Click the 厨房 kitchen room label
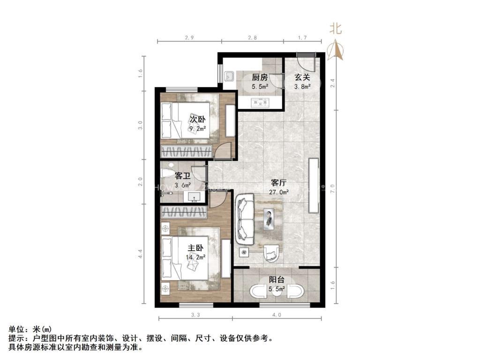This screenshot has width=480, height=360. click(x=260, y=77)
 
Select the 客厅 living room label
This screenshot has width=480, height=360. click(x=278, y=183)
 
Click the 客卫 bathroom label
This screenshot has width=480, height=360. click(x=182, y=176)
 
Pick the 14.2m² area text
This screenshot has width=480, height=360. click(x=196, y=257)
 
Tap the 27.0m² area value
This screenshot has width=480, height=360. click(x=279, y=192)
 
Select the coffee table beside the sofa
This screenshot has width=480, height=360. click(x=269, y=218)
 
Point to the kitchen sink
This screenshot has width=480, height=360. click(x=230, y=76)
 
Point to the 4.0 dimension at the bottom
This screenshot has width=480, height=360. click(x=277, y=315)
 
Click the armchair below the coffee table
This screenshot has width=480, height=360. click(x=270, y=254)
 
